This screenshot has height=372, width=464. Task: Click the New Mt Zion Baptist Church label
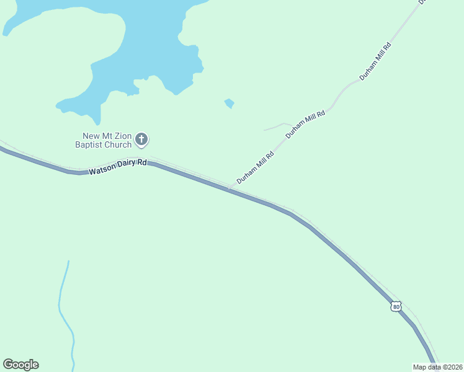click(107, 140)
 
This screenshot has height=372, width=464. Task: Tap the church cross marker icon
click(141, 139)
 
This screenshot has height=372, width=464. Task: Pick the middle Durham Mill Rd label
click(305, 125)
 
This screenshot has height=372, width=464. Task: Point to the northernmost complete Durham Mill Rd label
click(376, 61)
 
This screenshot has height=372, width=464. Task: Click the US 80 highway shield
click(396, 306)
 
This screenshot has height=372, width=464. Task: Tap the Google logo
click(20, 365)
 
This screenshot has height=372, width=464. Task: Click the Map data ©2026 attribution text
click(437, 367)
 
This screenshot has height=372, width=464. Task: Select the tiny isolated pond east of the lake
click(230, 103)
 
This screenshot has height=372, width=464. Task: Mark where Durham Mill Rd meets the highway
click(228, 188)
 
